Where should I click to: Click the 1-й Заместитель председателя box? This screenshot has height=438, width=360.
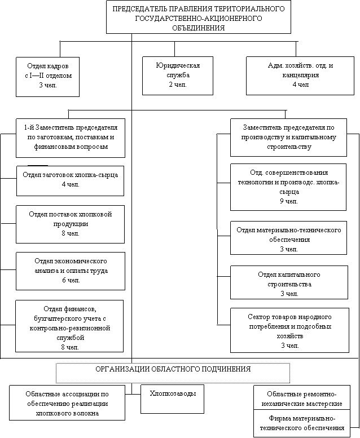(71, 138)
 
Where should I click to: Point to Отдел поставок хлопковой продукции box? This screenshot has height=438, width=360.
(71, 224)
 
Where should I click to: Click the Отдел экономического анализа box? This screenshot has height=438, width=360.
(71, 270)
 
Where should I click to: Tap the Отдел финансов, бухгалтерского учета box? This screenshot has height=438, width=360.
(71, 326)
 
